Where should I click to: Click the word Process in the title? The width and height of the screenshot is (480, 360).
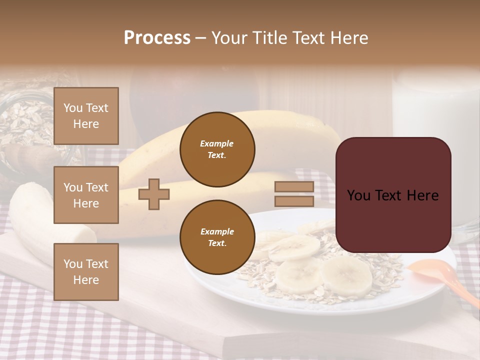157,38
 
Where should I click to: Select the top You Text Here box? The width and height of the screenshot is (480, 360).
86,116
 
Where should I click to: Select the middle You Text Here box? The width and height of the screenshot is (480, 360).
86,195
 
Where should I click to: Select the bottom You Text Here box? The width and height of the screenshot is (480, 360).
86,272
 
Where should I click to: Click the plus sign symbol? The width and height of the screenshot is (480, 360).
154,194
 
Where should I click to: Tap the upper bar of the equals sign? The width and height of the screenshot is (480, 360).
294,187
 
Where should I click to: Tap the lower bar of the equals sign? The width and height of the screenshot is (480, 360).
294,201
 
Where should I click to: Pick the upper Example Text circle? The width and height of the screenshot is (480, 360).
217,149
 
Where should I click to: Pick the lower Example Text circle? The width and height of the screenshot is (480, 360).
217,237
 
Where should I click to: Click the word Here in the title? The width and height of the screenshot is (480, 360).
349,38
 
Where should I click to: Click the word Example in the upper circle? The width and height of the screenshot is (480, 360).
217,143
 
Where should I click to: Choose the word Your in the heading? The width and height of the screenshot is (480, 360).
231,38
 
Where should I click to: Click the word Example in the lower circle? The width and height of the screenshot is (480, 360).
217,231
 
